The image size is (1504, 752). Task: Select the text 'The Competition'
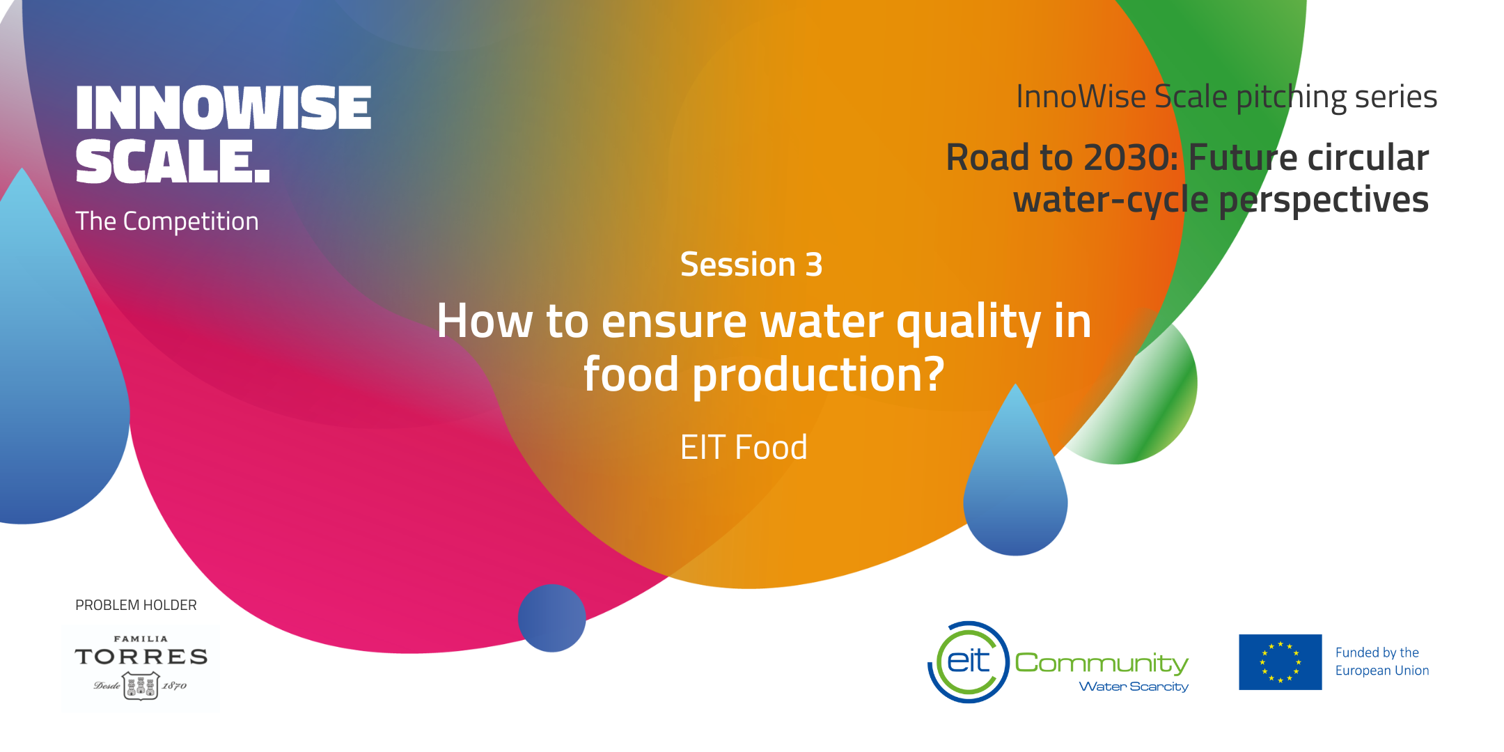(x=167, y=221)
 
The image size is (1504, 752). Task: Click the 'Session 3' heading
(x=751, y=265)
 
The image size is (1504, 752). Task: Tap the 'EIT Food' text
(x=744, y=447)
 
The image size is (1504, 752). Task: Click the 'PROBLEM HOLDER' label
(x=136, y=605)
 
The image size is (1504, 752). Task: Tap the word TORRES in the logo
(x=141, y=657)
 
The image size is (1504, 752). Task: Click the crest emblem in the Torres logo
(x=141, y=686)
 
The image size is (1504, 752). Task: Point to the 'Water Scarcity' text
(x=1134, y=687)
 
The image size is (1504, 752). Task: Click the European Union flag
(x=1280, y=662)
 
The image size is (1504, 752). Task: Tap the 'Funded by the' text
(x=1377, y=652)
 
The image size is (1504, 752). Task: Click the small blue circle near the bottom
(x=551, y=618)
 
